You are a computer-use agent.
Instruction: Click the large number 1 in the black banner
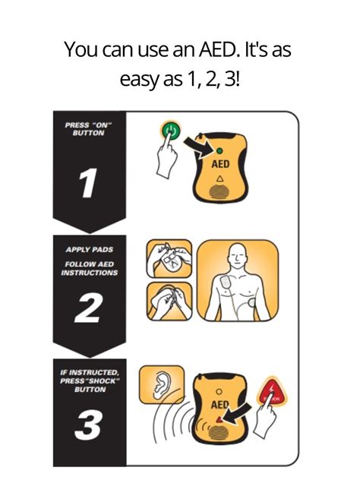(x=88, y=182)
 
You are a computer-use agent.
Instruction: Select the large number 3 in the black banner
(x=88, y=428)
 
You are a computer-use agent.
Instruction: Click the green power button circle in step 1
(x=171, y=131)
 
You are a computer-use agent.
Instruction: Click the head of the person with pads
(x=241, y=256)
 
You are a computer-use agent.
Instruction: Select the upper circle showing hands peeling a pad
(x=168, y=260)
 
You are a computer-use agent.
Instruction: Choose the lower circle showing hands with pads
(x=168, y=303)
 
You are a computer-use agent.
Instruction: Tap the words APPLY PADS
(x=88, y=249)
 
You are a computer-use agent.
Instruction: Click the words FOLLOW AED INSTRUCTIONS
(x=88, y=268)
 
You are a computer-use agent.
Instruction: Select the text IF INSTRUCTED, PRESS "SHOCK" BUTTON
(x=88, y=380)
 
